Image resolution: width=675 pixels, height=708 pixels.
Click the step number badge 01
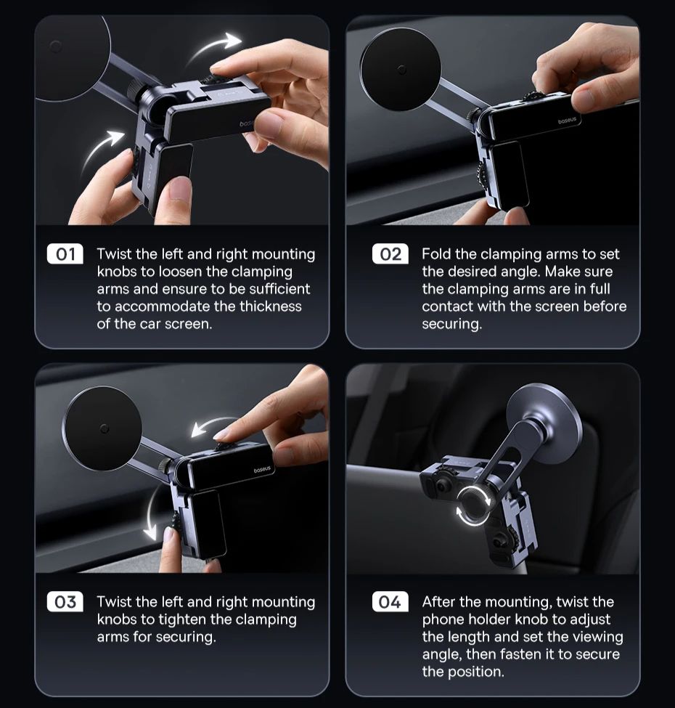pos(65,253)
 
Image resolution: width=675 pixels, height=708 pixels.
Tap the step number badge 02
pos(390,253)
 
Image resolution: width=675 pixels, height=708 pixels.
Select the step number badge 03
pos(65,601)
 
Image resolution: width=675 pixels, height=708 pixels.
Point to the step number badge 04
pos(390,601)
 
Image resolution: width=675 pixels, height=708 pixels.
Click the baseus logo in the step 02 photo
pos(567,121)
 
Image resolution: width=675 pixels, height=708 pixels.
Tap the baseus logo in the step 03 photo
pos(262,470)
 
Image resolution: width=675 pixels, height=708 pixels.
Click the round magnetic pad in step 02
pos(401,70)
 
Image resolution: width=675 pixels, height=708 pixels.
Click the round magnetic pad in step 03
pos(102,428)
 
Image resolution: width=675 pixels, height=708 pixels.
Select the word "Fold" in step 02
pos(436,254)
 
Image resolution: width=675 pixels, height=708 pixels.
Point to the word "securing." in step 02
pos(452,324)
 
